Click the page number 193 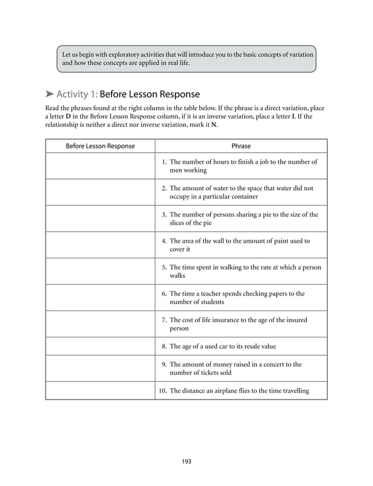186,461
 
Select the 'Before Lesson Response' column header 100,146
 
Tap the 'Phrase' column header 241,146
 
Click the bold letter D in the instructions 68,116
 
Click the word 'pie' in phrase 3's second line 206,223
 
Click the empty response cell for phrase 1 100,166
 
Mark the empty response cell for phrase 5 100,271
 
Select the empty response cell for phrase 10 100,391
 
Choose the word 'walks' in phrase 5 178,275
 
